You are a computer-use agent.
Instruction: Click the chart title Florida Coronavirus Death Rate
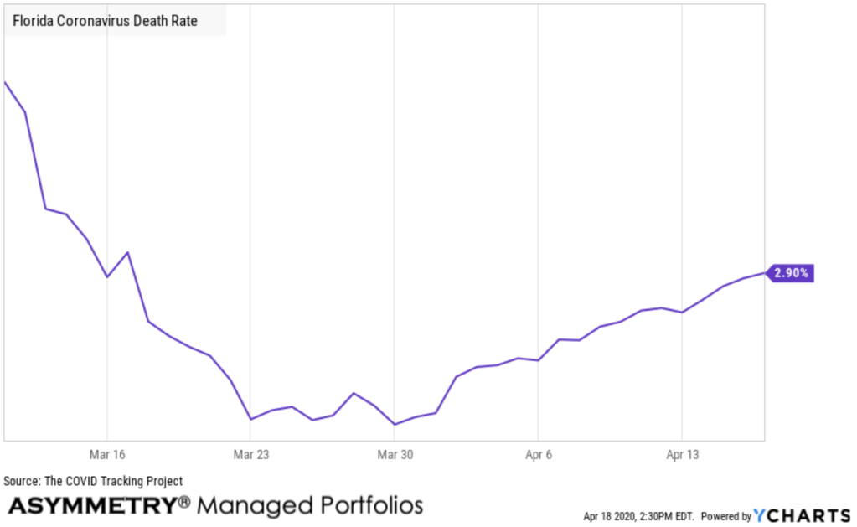(x=106, y=20)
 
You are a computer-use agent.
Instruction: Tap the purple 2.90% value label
(x=791, y=273)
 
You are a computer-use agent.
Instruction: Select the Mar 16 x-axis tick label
(x=107, y=455)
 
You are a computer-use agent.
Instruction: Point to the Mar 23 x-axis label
(x=251, y=455)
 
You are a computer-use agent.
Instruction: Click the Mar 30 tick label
(x=395, y=455)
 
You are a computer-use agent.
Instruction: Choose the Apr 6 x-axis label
(x=538, y=455)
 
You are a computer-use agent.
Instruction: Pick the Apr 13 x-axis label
(x=682, y=455)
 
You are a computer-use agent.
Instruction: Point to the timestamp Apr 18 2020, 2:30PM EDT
(x=638, y=516)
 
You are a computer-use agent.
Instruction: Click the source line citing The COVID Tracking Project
(x=93, y=481)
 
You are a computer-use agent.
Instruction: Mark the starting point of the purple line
(x=5, y=82)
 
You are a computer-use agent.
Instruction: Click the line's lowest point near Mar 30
(x=395, y=425)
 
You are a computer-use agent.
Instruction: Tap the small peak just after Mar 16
(x=128, y=252)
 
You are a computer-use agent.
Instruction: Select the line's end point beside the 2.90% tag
(x=764, y=273)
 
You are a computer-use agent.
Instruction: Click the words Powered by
(x=725, y=516)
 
